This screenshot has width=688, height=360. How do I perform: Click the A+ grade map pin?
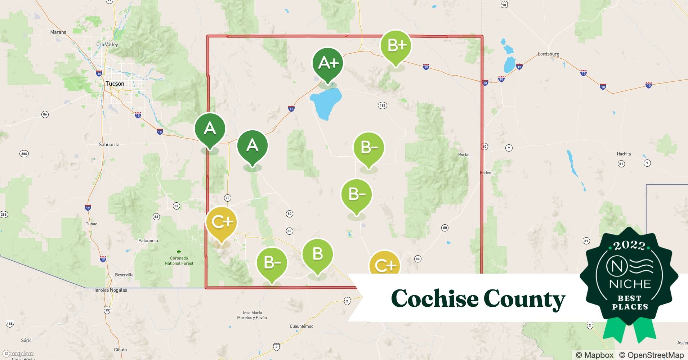pos(328,63)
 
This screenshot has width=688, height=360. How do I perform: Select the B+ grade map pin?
pos(396,46)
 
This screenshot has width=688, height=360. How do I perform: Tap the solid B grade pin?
pos(317,254)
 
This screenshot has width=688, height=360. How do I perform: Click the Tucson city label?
pos(115,84)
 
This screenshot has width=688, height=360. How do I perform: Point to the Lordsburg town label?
pos(548,54)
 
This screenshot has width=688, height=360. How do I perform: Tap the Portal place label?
pos(464,155)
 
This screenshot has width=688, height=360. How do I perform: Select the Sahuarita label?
pos(109,144)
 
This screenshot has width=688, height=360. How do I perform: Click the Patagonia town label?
pos(148,240)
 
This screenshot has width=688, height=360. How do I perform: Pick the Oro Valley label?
pos(107,45)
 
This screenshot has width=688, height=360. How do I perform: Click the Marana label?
pos(58,32)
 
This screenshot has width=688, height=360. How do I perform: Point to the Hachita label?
pos(624,154)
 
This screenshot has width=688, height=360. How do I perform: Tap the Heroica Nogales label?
pos(110,290)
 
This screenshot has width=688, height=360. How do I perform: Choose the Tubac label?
pos(91,224)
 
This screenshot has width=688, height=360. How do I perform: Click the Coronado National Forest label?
pos(179,260)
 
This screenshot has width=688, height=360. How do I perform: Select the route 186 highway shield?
pos(383,105)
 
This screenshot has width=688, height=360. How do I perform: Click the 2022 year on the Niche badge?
pos(629,246)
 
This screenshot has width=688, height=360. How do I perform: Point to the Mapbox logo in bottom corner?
pos(18,354)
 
